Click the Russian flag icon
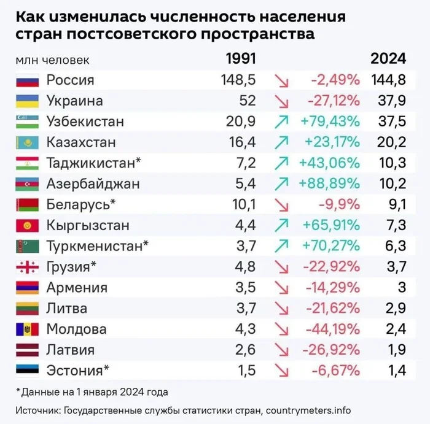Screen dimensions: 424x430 click(x=27, y=80)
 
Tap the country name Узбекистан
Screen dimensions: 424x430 click(x=85, y=121)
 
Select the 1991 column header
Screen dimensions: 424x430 click(x=240, y=59)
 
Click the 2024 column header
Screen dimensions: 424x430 click(x=388, y=59)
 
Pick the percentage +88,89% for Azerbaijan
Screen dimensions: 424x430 click(x=330, y=183)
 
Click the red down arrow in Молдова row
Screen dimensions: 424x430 click(x=282, y=330)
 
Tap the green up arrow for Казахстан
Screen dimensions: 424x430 click(x=282, y=142)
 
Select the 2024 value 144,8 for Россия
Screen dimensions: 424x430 click(x=388, y=80)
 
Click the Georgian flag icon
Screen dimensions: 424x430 click(x=27, y=267)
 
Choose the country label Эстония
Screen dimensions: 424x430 click(x=74, y=371)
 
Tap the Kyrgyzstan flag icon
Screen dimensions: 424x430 click(x=27, y=225)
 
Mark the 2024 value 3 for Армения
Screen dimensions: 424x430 click(x=401, y=288)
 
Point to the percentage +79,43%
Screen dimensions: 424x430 click(x=330, y=121)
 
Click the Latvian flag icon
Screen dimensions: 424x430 click(x=27, y=350)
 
